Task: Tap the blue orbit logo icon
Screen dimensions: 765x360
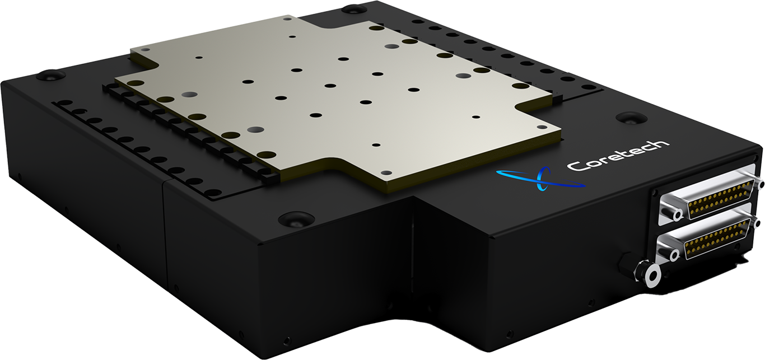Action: click(540, 178)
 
